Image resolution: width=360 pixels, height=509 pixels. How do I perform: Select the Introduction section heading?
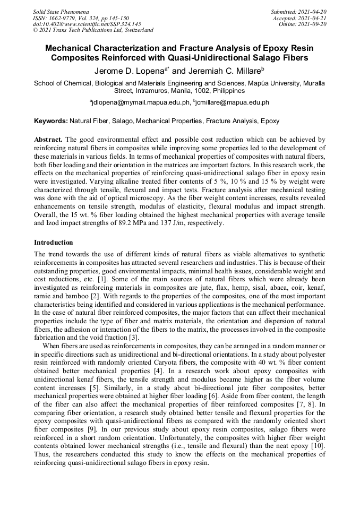click(54, 243)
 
